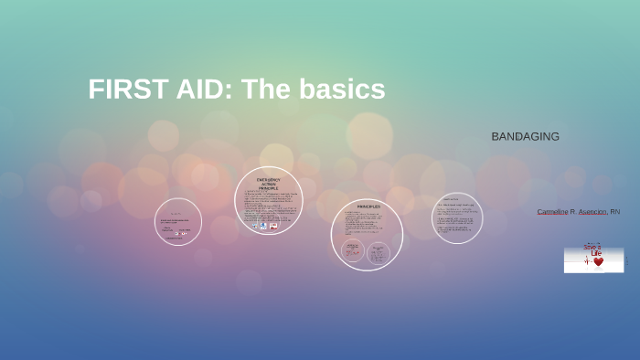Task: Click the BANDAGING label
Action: click(x=525, y=136)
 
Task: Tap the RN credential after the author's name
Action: click(x=615, y=212)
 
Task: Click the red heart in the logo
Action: click(x=599, y=261)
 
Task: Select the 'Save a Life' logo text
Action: click(x=594, y=249)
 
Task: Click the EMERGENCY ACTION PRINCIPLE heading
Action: click(x=269, y=183)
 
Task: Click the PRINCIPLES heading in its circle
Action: click(x=368, y=207)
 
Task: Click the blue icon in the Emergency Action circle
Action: click(x=263, y=225)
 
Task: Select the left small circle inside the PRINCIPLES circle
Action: click(x=352, y=250)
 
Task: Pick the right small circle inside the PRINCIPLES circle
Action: click(x=379, y=252)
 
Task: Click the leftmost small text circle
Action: click(x=178, y=222)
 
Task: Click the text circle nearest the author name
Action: click(x=457, y=218)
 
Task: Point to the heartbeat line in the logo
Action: click(x=587, y=261)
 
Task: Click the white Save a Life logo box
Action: click(x=593, y=259)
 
